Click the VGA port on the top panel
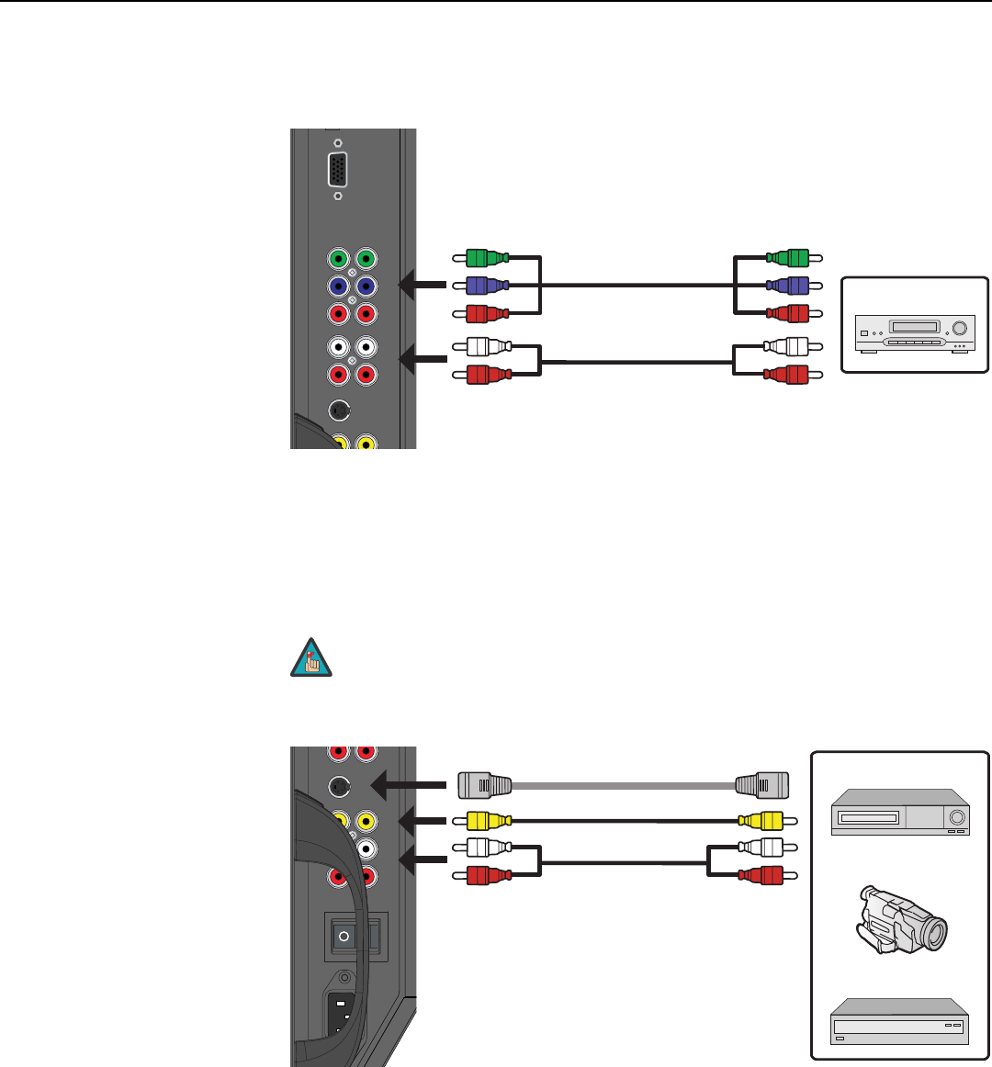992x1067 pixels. [338, 170]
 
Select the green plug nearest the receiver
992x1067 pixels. [789, 258]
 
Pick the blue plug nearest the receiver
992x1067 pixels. [789, 286]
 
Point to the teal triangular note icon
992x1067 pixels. [309, 661]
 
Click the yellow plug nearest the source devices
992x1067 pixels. [762, 819]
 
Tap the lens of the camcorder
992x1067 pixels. [934, 935]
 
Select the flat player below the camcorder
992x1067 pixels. [900, 1027]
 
